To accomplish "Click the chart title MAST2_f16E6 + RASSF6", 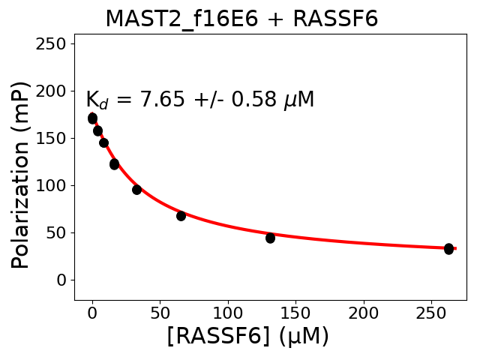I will point(241,19).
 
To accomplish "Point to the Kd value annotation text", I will point(199,100).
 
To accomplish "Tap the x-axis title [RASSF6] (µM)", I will point(247,336).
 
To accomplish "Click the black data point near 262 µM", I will point(448,248).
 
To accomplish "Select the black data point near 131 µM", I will point(270,238).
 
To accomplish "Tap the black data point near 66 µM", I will point(181,216).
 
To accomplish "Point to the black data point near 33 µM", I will point(136,190).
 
